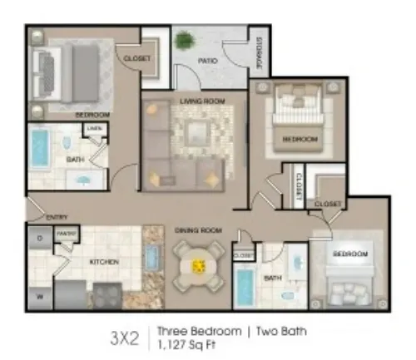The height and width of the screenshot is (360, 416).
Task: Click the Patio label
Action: pos(207,61)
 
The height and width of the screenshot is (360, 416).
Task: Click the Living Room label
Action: pos(197,102)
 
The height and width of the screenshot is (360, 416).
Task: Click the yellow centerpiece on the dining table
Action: pos(199,267)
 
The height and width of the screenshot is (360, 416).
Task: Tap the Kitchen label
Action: pos(104,262)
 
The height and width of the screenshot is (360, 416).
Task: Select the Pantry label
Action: pos(67,234)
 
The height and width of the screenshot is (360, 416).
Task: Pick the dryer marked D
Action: pos(39,238)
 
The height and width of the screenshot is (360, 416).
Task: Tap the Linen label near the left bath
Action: pos(94,128)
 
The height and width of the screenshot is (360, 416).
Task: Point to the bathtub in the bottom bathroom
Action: pos(244,288)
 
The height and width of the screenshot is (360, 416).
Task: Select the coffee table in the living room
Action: pos(197,131)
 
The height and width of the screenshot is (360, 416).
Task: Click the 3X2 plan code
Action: pos(124,337)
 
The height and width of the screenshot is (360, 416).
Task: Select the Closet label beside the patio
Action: pos(137,59)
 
